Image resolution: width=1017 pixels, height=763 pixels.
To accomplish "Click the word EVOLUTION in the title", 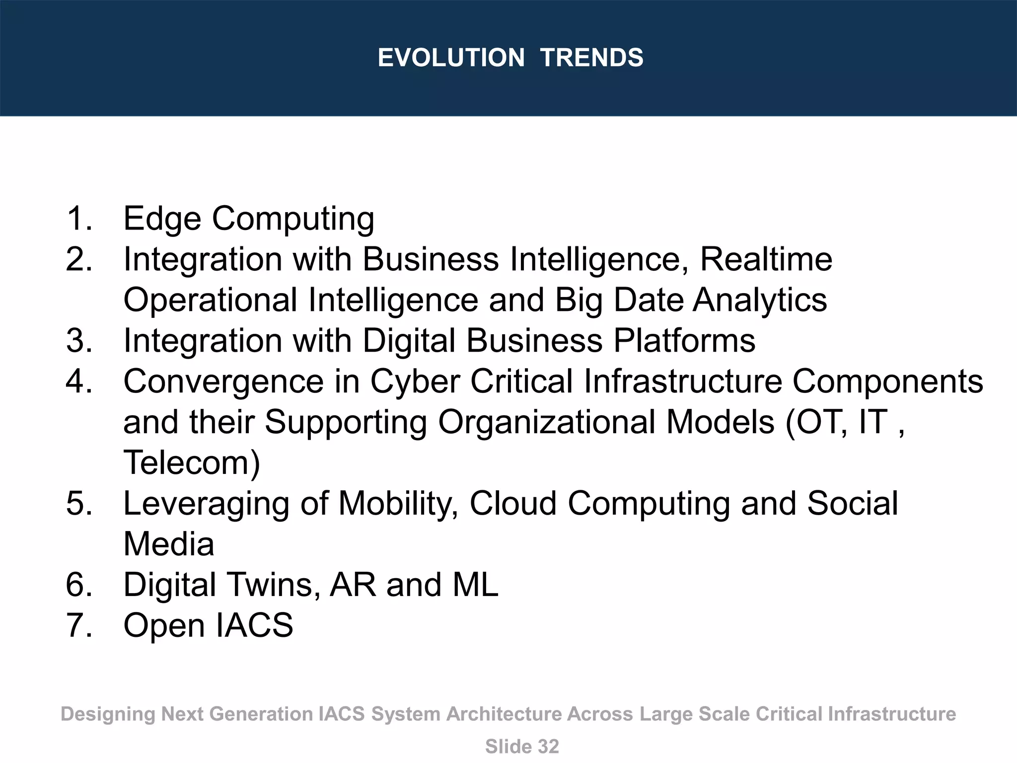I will point(451,58).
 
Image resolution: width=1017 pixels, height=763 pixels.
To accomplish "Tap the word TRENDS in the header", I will point(591,58).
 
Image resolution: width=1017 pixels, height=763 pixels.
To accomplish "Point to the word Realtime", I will point(766,259).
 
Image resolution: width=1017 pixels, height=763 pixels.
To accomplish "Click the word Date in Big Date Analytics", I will point(648,300).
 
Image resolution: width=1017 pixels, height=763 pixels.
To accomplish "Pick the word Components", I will point(887,381).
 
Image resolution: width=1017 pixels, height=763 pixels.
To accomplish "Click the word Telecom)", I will point(192,463).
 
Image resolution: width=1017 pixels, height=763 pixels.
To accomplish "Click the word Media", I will point(169,544).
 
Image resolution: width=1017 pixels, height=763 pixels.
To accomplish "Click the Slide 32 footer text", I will point(521,747).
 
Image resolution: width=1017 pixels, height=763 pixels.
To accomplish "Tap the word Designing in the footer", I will point(108,714).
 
